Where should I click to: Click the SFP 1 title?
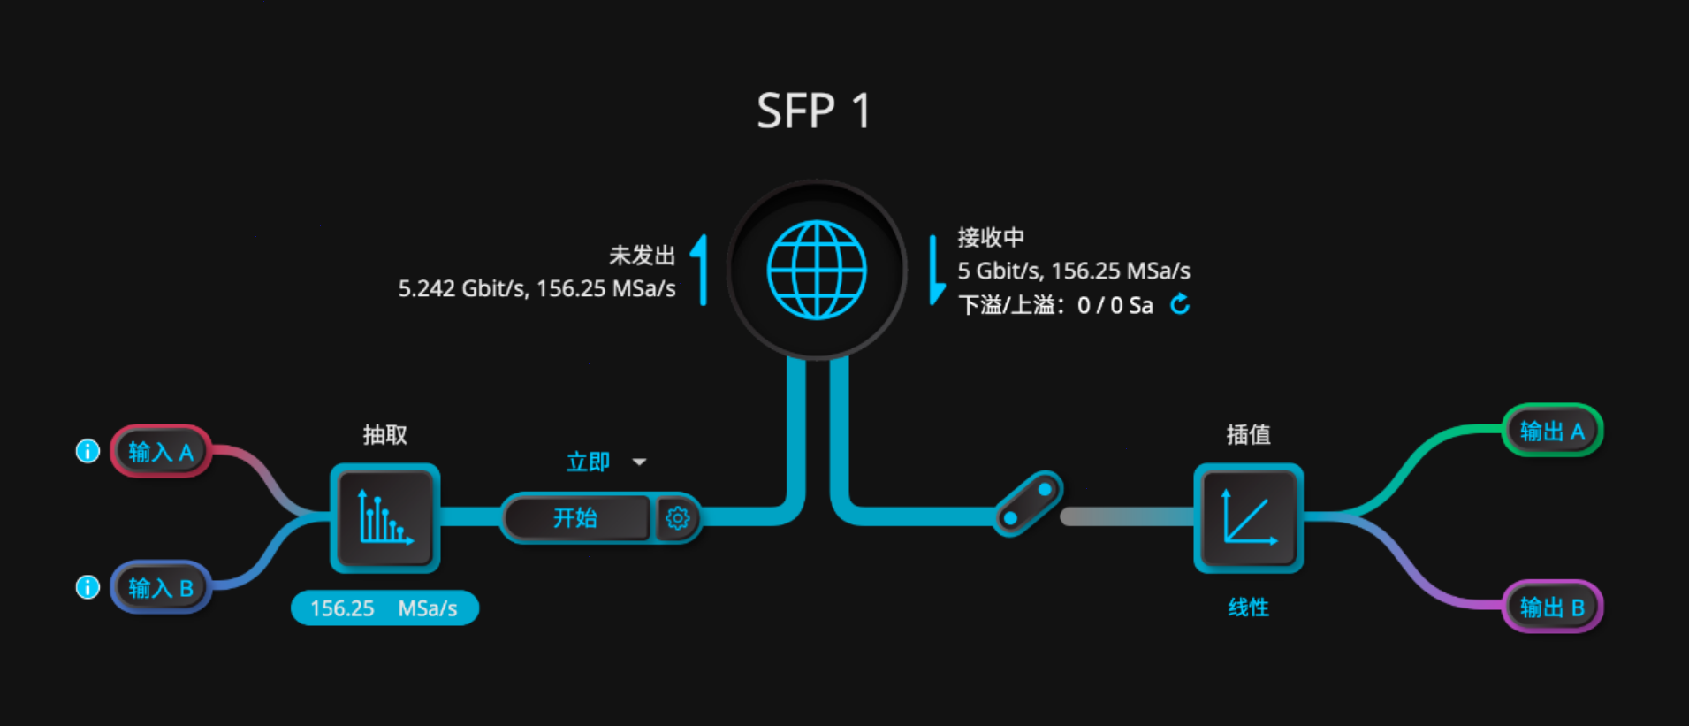[814, 111]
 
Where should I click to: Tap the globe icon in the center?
[817, 270]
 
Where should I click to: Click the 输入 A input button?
[161, 452]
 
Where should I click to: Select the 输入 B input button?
[161, 587]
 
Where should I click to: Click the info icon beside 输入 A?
[87, 451]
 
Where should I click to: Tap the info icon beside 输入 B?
[87, 586]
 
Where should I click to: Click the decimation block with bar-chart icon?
[385, 517]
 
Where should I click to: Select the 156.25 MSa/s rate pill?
[384, 608]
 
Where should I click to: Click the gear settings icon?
[677, 517]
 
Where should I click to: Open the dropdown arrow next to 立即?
[639, 462]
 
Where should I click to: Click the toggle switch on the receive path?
[1028, 503]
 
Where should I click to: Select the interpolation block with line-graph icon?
[1248, 517]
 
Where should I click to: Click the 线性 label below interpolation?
[1248, 608]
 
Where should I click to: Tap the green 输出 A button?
[1552, 431]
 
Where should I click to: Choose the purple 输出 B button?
[1552, 607]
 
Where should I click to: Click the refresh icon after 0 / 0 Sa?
[1180, 304]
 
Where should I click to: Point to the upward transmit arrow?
[701, 270]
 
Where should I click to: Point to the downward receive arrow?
[936, 270]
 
